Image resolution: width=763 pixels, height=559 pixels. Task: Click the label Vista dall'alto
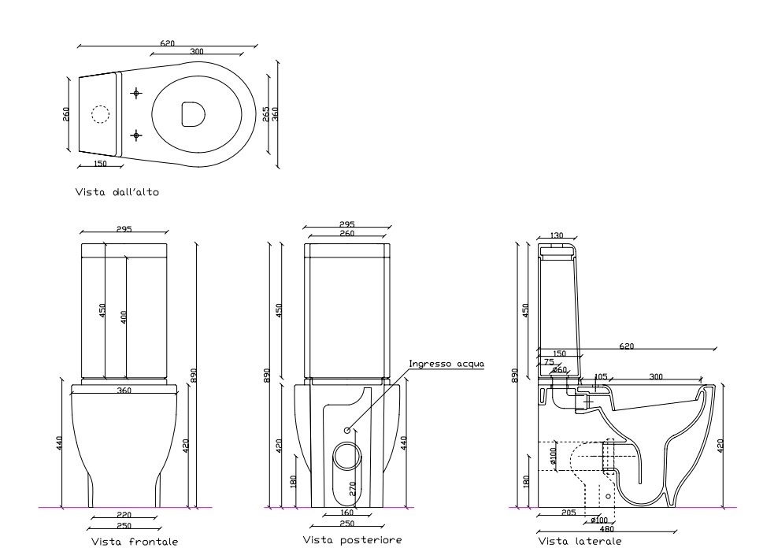pos(117,192)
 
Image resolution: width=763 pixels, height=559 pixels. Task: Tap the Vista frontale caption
pos(135,542)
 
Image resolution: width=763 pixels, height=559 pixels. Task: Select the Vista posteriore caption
pos(353,540)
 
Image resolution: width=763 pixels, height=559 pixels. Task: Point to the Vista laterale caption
pos(580,542)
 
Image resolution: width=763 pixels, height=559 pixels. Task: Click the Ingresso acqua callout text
pos(445,364)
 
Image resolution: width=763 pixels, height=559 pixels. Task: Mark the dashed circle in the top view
pos(100,114)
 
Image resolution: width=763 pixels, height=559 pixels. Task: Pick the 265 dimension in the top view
pos(266,113)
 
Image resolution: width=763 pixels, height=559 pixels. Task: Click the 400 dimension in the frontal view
pos(123,318)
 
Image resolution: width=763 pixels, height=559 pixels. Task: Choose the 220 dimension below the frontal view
pos(124,515)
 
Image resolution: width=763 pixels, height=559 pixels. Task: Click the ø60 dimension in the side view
pos(560,369)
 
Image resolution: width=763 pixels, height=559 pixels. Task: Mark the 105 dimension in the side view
pos(602,377)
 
